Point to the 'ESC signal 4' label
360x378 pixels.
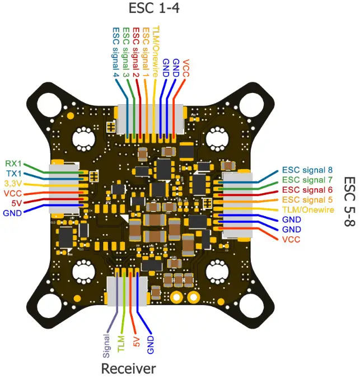pyautogui.click(x=116, y=52)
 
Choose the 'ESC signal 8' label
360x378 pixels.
pyautogui.click(x=307, y=169)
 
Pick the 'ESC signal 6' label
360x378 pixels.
pyautogui.click(x=307, y=189)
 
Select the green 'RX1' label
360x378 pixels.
pyautogui.click(x=13, y=164)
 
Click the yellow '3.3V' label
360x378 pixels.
pyautogui.click(x=12, y=183)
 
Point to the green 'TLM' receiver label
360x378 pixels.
pyautogui.click(x=121, y=342)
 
